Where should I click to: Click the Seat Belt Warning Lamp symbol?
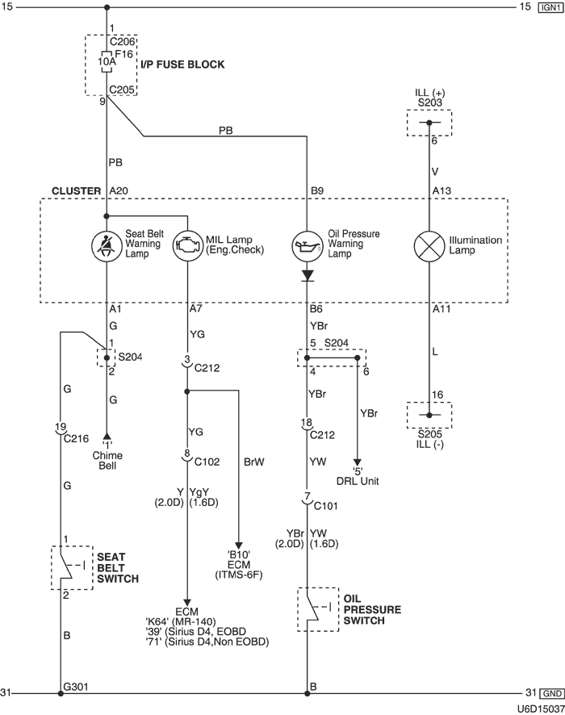(x=107, y=245)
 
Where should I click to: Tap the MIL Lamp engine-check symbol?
(x=187, y=245)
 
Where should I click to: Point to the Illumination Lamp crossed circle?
(x=429, y=245)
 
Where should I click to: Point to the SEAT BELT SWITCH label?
(x=118, y=568)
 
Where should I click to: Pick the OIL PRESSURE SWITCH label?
(x=368, y=610)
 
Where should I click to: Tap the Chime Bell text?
(x=107, y=461)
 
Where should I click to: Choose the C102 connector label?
(x=207, y=462)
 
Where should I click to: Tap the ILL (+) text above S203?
(x=429, y=93)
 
